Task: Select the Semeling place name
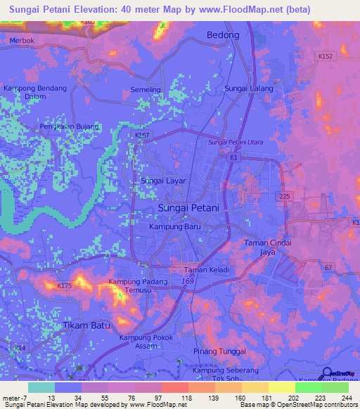[x=146, y=90]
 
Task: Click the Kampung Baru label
[x=176, y=228]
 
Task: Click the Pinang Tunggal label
[x=222, y=351]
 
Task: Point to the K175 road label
[x=65, y=285]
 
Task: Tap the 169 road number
[x=187, y=281]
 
